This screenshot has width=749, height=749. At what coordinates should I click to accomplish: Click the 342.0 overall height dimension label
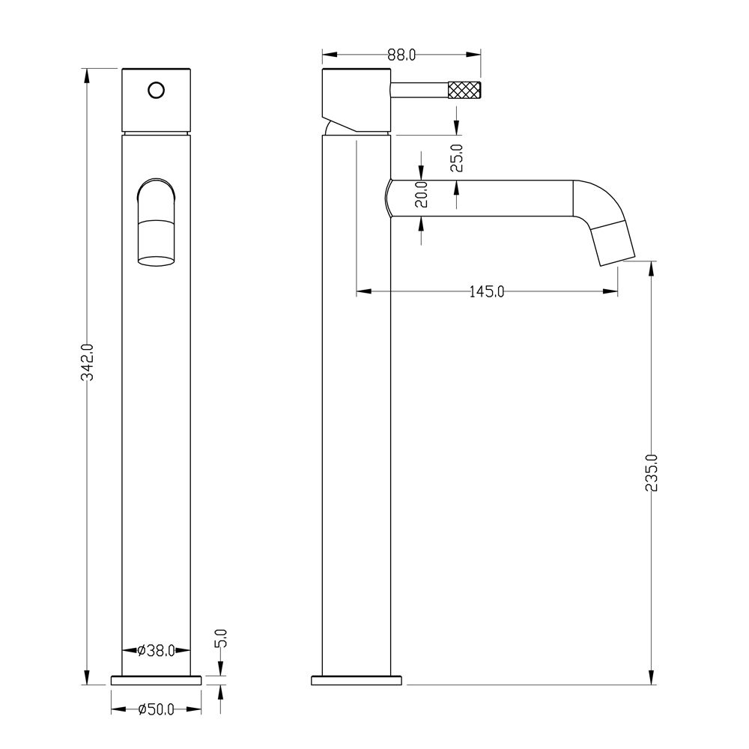click(x=88, y=363)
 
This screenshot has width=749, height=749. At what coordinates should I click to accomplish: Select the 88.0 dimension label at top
click(x=401, y=55)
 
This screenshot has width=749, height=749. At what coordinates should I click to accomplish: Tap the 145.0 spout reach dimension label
click(x=486, y=291)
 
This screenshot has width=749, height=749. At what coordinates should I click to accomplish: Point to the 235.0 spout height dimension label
click(x=652, y=473)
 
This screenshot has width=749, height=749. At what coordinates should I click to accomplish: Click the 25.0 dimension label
click(x=457, y=158)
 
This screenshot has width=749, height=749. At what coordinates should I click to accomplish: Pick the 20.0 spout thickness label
click(x=421, y=194)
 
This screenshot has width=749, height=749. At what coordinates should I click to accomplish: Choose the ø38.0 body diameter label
click(x=156, y=650)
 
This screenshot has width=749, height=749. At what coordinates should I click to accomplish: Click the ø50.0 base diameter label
click(x=156, y=709)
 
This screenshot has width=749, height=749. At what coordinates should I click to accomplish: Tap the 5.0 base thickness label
click(x=222, y=638)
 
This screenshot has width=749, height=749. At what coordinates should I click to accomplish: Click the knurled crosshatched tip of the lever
click(x=464, y=90)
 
